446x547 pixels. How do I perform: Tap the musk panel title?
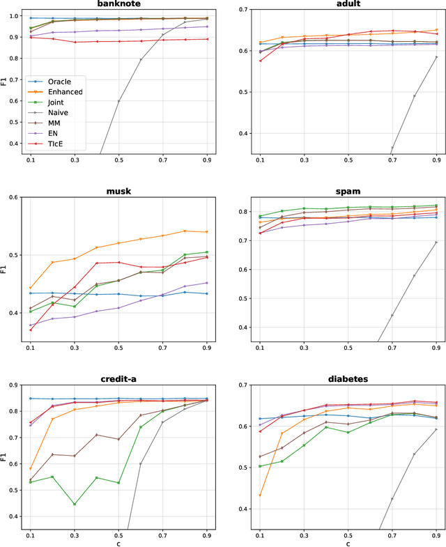pyautogui.click(x=119, y=191)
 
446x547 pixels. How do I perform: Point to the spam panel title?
pyautogui.click(x=347, y=191)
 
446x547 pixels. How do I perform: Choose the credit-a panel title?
pyautogui.click(x=119, y=378)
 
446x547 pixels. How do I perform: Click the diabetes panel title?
pyautogui.click(x=347, y=378)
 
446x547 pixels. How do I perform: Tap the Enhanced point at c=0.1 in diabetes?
pyautogui.click(x=259, y=495)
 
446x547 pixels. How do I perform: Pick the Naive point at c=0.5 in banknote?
pyautogui.click(x=119, y=101)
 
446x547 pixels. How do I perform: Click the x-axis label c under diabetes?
pyautogui.click(x=347, y=543)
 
